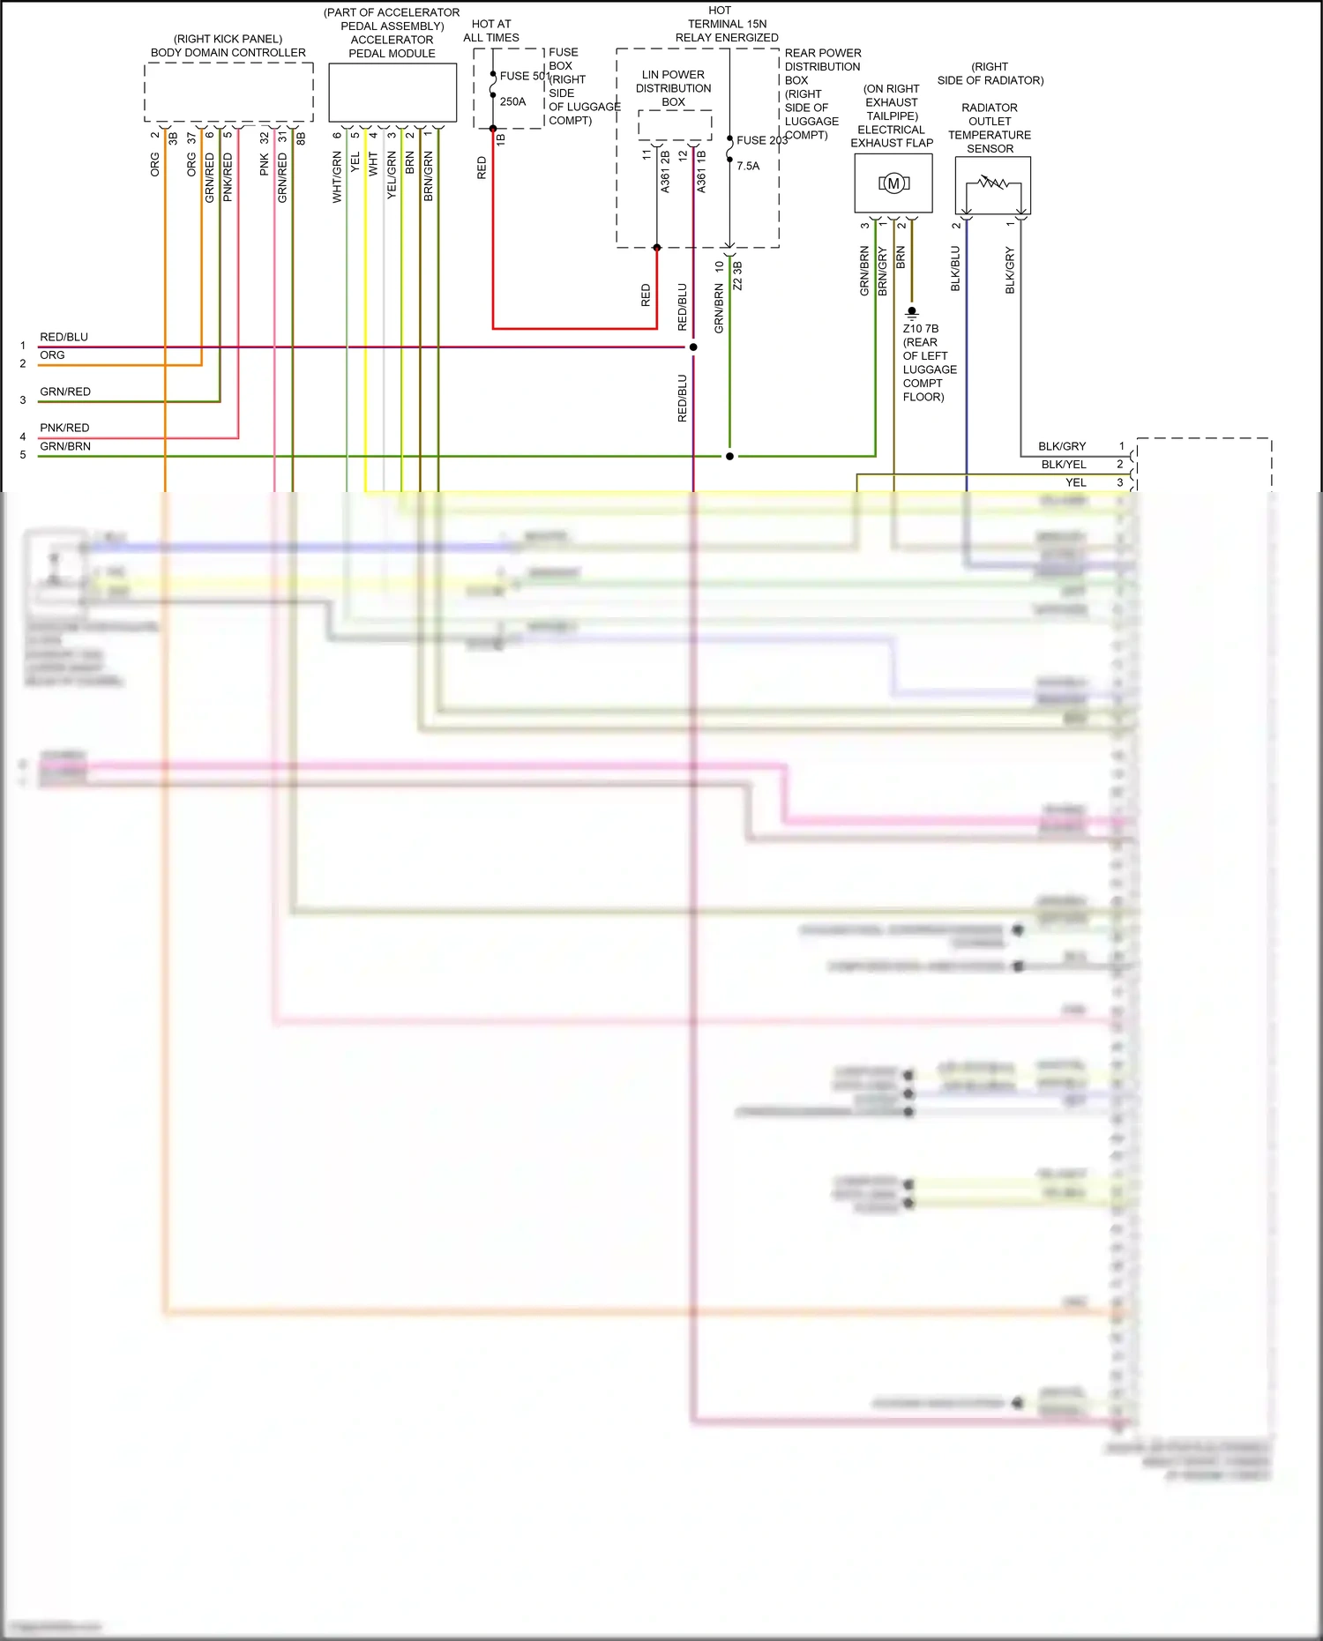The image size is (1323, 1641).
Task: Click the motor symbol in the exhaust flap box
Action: pos(893,183)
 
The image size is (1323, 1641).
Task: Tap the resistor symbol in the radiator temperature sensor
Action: pos(992,183)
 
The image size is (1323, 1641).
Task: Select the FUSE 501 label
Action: pos(524,76)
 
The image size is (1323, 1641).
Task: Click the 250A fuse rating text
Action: pos(512,101)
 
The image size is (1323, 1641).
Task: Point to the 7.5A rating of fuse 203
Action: pos(748,166)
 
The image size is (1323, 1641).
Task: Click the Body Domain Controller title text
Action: pos(228,53)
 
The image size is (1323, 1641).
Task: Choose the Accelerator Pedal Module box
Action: pos(392,93)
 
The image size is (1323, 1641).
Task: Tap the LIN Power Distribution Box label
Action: pos(673,88)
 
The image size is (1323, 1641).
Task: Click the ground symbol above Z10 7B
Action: pos(912,312)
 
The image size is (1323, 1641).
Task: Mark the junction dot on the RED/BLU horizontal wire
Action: pos(693,347)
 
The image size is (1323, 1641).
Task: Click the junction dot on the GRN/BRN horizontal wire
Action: pos(729,457)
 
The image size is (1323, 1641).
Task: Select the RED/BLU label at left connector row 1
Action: pos(64,337)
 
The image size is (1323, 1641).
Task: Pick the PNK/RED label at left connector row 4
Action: pos(64,428)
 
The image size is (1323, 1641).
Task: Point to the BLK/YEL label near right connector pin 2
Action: pos(1064,465)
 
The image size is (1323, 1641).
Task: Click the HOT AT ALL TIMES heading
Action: pos(491,31)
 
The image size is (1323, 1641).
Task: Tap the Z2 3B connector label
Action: pos(737,275)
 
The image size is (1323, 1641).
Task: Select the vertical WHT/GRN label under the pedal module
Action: pos(337,176)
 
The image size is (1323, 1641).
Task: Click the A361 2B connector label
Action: pos(665,172)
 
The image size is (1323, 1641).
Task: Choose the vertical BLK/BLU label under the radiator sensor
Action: pos(955,268)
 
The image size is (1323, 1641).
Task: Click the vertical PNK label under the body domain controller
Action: pos(264,165)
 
